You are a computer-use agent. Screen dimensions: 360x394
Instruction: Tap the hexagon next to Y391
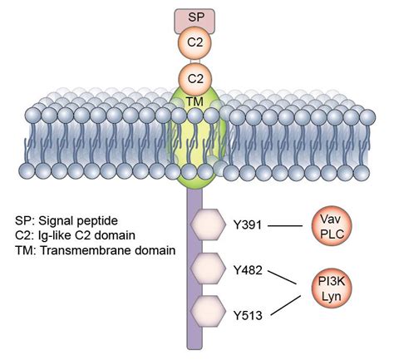pyautogui.click(x=207, y=224)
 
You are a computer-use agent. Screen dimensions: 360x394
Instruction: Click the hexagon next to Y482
pyautogui.click(x=207, y=269)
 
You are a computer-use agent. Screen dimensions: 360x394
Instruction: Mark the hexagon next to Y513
pyautogui.click(x=207, y=313)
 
